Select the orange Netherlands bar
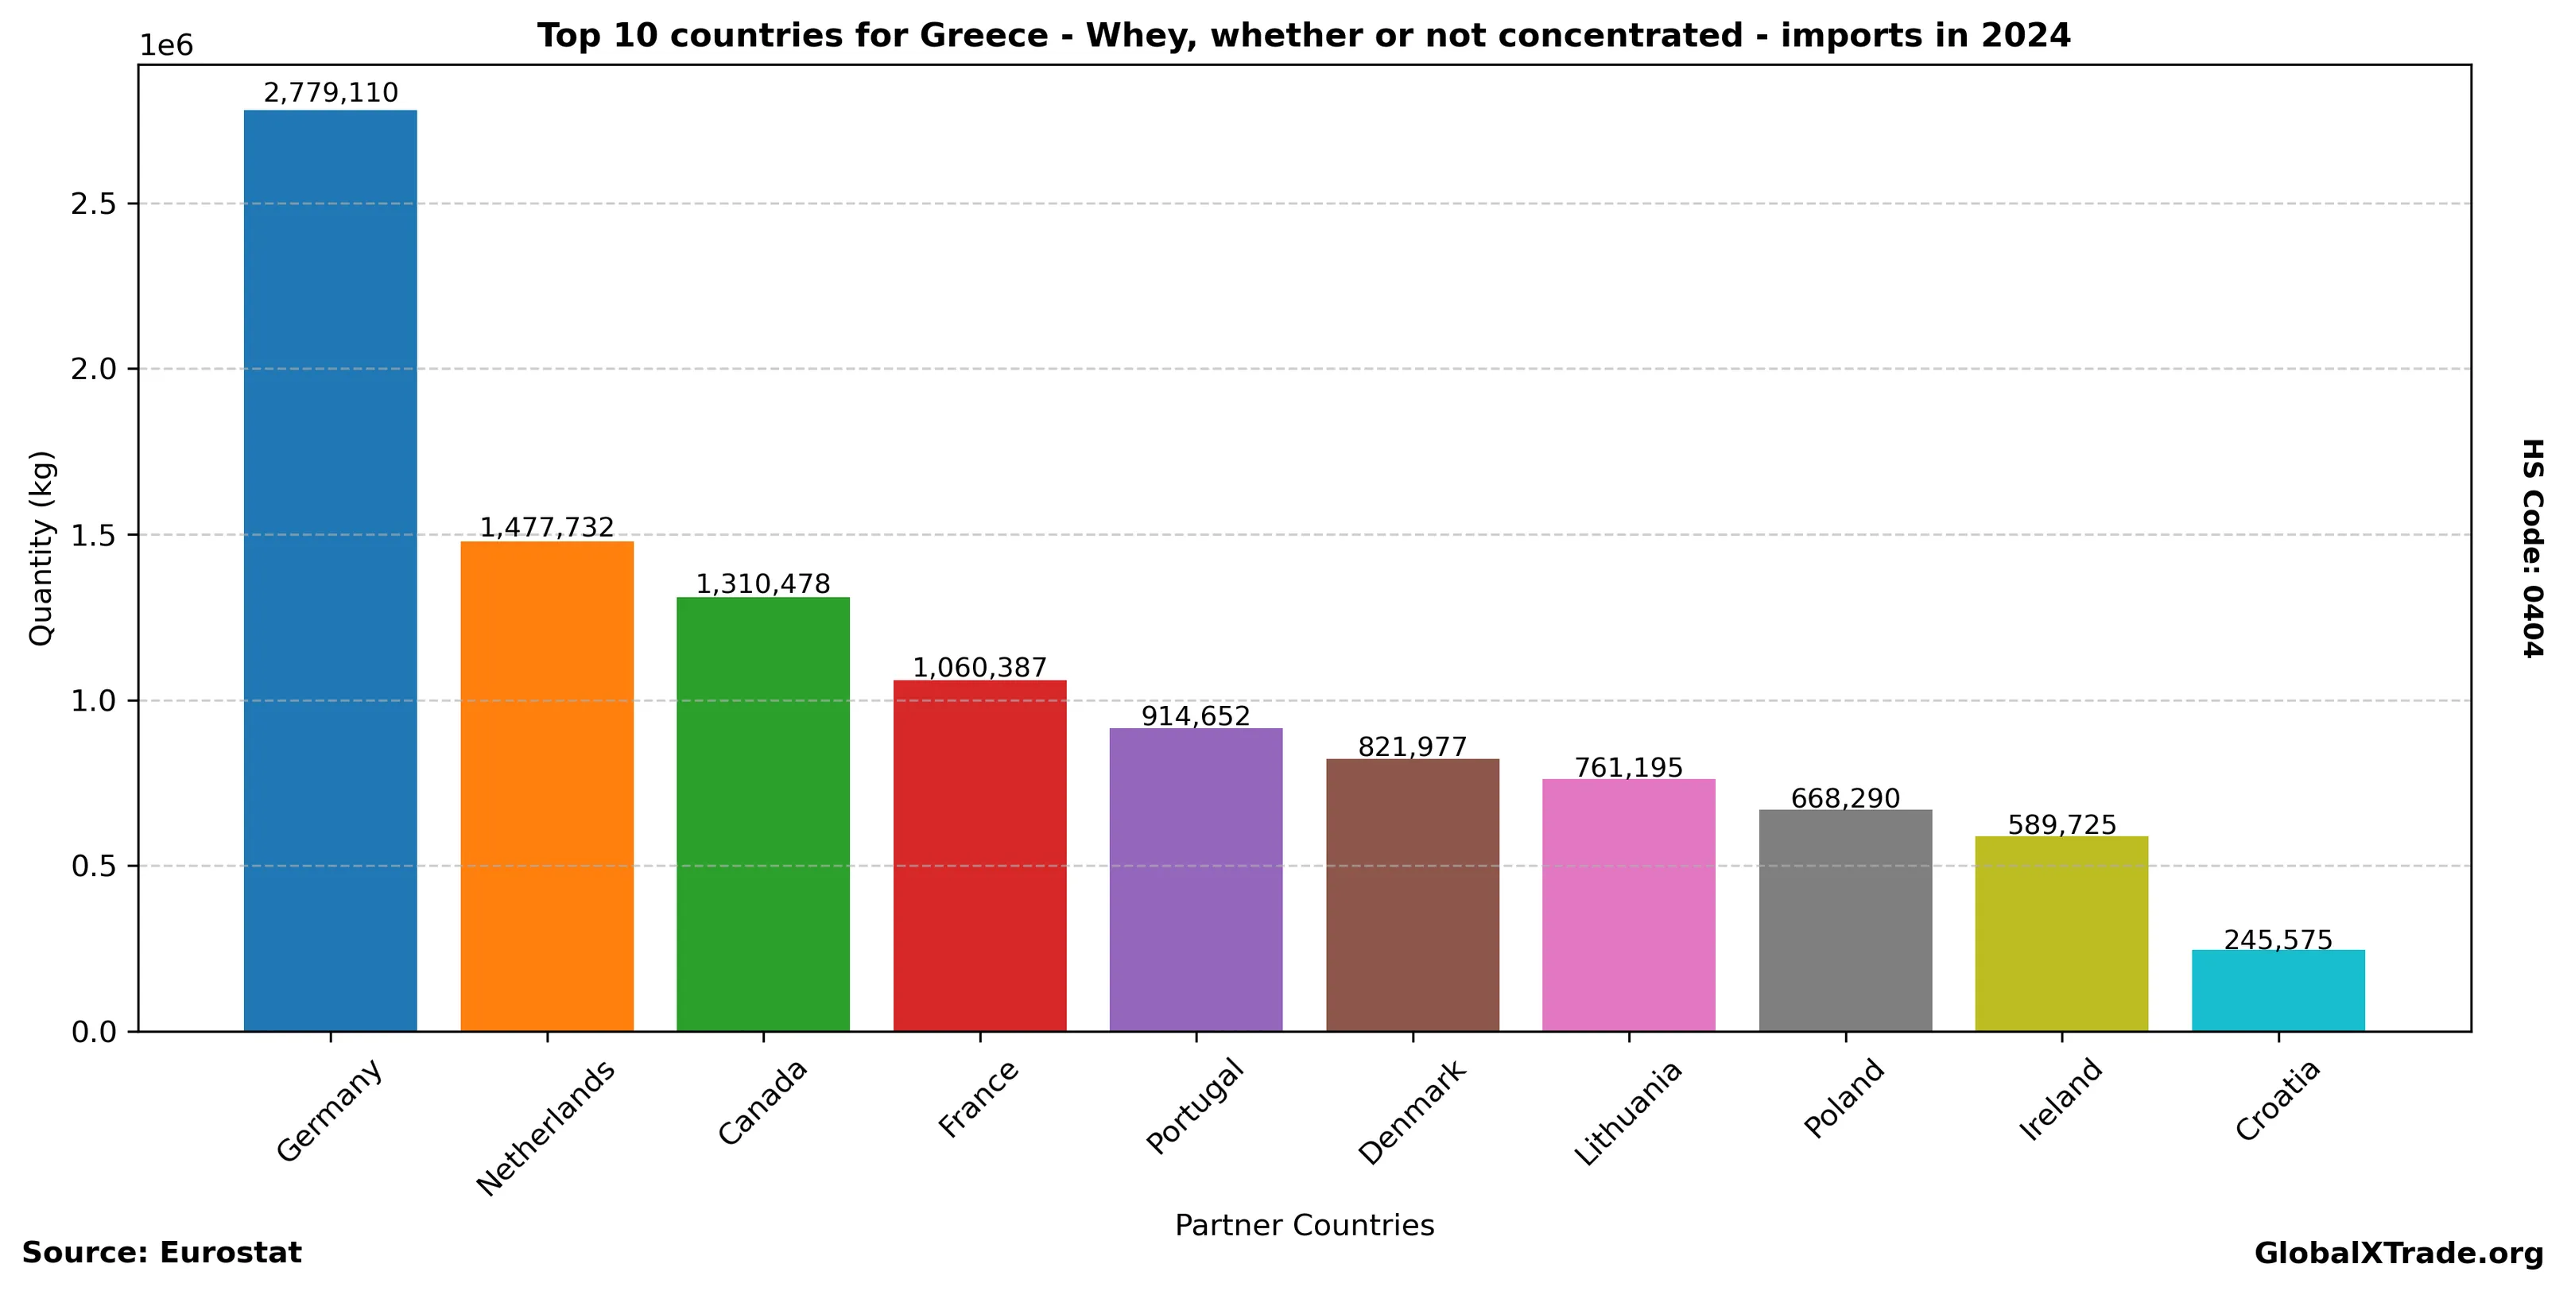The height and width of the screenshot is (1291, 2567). point(546,786)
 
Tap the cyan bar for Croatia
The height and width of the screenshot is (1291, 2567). point(2278,991)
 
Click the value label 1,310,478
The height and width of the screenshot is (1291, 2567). point(762,583)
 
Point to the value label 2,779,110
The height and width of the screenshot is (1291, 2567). point(330,93)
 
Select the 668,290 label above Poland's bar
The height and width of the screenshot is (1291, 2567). point(1844,798)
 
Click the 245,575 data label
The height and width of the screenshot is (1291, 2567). point(2278,940)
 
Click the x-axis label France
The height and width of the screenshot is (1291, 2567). point(979,1099)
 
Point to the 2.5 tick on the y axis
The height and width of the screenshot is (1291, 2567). point(94,204)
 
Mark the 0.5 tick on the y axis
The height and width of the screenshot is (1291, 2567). point(94,866)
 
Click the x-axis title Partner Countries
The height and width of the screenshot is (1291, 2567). point(1304,1225)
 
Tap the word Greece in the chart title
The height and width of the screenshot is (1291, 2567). point(983,36)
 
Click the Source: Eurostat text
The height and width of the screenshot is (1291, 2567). point(161,1253)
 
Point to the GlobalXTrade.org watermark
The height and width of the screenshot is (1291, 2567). point(2398,1253)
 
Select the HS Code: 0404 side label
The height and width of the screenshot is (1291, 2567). point(2532,548)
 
